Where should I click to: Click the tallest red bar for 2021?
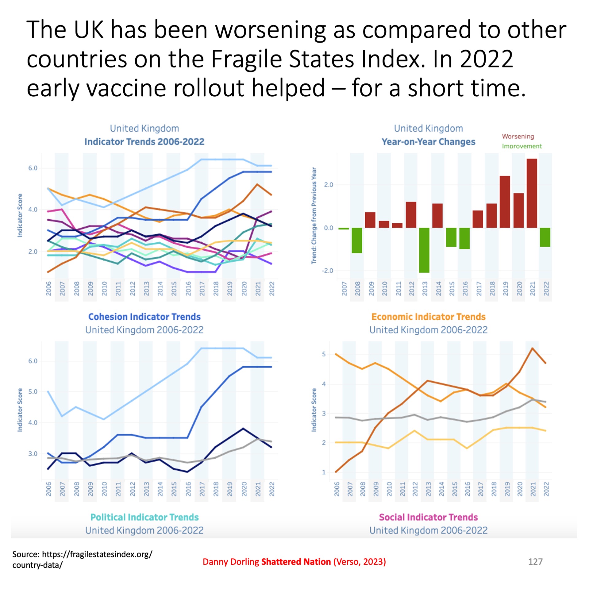coord(532,193)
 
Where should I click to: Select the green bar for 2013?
coord(424,250)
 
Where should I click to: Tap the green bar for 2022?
coord(545,237)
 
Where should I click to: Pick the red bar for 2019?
coord(505,202)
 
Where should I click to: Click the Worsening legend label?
coord(518,136)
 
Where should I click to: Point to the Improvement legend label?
coord(522,146)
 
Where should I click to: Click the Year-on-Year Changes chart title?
coord(428,142)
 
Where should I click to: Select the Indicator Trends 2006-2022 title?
coord(144,142)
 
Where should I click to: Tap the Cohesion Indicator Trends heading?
coord(144,317)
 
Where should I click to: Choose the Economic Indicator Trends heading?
coord(428,317)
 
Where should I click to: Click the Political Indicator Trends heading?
coord(144,517)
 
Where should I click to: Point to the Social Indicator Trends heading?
coord(428,517)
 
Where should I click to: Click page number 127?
coord(535,562)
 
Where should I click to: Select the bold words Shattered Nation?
coord(296,562)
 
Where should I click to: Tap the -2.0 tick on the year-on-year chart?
coord(327,271)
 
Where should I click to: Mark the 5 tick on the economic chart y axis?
coord(324,354)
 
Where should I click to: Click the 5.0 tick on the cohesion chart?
coord(33,392)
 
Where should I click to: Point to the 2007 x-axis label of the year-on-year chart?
coord(344,289)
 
